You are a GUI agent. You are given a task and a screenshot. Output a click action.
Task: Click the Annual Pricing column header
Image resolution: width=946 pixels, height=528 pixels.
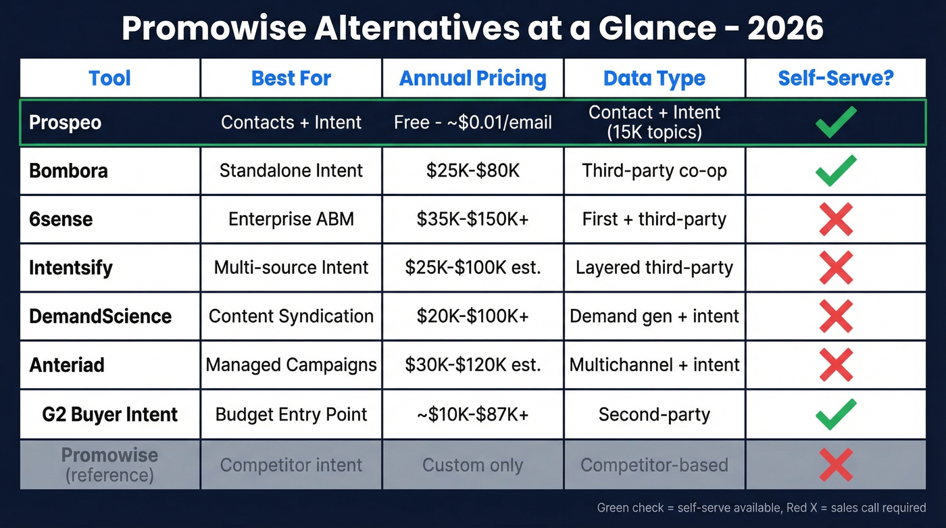coord(472,78)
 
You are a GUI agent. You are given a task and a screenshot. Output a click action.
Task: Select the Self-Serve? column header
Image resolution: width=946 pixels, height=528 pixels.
coord(835,78)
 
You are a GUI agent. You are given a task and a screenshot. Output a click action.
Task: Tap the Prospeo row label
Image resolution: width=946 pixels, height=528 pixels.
coord(66,122)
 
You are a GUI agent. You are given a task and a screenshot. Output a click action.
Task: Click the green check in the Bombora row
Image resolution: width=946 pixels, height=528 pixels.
coord(835,170)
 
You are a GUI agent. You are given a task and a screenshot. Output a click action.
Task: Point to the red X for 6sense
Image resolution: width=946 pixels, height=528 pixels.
coord(835,219)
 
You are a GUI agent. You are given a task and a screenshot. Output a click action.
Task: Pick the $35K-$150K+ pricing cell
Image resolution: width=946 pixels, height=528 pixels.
coord(472,219)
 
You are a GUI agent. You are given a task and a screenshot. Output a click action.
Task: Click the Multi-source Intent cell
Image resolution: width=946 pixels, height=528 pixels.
coord(291,268)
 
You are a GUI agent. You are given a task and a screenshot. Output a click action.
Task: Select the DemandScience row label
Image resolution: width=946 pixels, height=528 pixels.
coord(100,316)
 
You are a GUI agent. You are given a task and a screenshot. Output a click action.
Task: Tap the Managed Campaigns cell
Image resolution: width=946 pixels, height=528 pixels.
coord(291,365)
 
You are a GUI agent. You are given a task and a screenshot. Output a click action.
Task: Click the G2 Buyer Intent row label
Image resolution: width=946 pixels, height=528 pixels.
coord(109,414)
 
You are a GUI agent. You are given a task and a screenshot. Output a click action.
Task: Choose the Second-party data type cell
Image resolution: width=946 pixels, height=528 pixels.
coord(654,414)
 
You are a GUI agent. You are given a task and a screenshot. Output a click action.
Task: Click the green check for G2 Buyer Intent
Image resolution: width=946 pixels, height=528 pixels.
coord(835,414)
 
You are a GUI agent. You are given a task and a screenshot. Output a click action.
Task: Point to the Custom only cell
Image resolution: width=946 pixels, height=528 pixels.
coord(472,465)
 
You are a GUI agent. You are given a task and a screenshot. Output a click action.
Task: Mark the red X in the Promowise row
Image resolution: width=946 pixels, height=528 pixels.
coord(835,465)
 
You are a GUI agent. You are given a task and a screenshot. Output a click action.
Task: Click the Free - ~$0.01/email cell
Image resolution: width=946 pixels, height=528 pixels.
coord(472,122)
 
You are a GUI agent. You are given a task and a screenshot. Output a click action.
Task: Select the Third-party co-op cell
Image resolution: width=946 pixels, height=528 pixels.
coord(654,170)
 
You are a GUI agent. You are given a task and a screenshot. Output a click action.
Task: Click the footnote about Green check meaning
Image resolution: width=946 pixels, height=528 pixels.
coord(761,508)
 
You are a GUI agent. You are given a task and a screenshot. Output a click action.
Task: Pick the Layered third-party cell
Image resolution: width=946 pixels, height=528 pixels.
coord(654,268)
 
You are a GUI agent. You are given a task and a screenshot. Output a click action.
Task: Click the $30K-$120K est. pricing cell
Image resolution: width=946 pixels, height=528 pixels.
coord(472,365)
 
